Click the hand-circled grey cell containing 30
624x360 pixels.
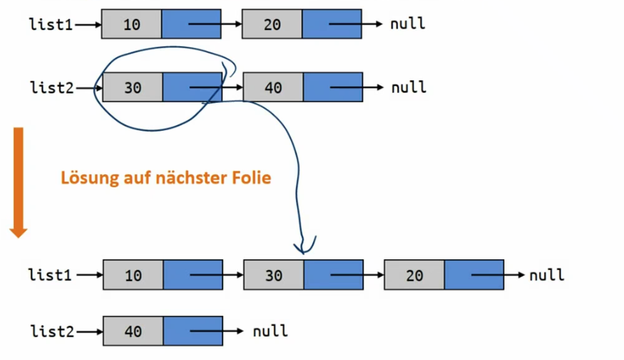point(132,88)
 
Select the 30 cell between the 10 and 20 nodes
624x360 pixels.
point(274,275)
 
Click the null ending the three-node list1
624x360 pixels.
point(546,275)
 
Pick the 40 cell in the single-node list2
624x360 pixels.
point(133,331)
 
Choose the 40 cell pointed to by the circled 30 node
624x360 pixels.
point(273,88)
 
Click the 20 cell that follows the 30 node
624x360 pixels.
point(414,275)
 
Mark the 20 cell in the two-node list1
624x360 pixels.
point(272,24)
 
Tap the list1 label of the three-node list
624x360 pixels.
point(50,275)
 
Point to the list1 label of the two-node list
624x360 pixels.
point(50,24)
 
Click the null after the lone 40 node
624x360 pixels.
point(270,331)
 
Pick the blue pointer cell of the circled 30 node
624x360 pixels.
point(192,88)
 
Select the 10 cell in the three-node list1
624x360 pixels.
point(133,275)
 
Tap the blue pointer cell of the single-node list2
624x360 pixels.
point(193,331)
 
